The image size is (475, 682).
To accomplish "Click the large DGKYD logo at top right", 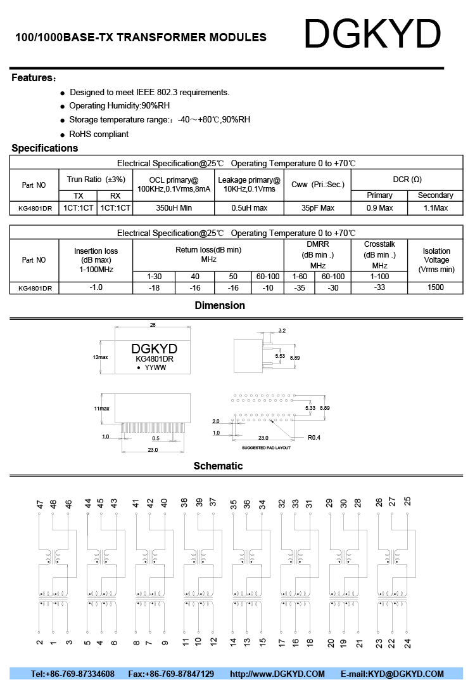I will tap(372, 34).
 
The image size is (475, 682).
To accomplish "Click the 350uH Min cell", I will tap(174, 208).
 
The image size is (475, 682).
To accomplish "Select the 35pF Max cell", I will tap(317, 208).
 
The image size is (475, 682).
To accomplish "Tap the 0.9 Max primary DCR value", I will tap(380, 208).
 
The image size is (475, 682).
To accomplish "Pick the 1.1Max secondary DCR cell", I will tap(435, 208).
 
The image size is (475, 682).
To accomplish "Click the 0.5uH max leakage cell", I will tap(249, 208).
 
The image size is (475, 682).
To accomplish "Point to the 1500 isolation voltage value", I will tap(436, 287).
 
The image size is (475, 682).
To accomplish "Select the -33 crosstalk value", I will tap(379, 287).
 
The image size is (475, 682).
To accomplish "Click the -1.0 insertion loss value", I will tap(96, 287).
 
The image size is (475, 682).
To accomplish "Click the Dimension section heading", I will tap(220, 306).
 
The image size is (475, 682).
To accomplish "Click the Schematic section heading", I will tap(218, 466).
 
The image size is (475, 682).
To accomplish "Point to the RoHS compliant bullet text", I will tap(99, 134).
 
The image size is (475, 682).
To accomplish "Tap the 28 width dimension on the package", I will tap(153, 325).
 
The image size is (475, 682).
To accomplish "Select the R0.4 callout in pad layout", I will tap(315, 438).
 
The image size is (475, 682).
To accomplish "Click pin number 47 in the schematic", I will tap(40, 504).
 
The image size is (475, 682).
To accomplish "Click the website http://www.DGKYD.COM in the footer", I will tap(277, 674).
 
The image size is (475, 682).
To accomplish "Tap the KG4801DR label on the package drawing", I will tap(155, 359).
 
